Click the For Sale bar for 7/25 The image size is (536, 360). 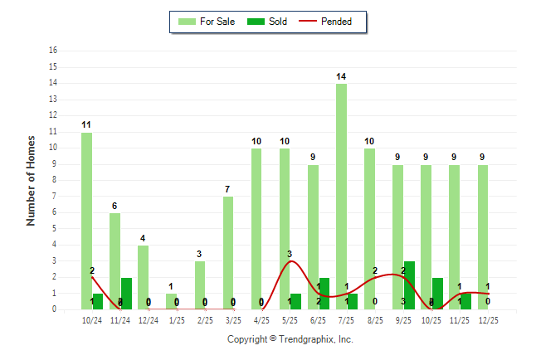point(341,197)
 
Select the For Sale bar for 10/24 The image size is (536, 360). point(86,221)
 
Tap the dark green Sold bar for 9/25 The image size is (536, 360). point(410,285)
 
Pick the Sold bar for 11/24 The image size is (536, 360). point(126,294)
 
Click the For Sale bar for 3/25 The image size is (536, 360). point(228,253)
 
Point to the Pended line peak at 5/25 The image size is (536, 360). point(290,261)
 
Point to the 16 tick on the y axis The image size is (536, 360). point(53,51)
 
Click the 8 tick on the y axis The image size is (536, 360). point(54,180)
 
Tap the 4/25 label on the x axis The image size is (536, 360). point(261,320)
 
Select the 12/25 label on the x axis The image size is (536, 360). point(488,320)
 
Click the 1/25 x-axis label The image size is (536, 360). point(177,320)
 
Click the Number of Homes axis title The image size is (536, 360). point(32,180)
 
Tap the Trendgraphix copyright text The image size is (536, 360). point(290,339)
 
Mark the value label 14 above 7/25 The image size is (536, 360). point(341,76)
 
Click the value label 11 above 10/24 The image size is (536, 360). point(86,125)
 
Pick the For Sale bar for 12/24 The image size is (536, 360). point(143,277)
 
